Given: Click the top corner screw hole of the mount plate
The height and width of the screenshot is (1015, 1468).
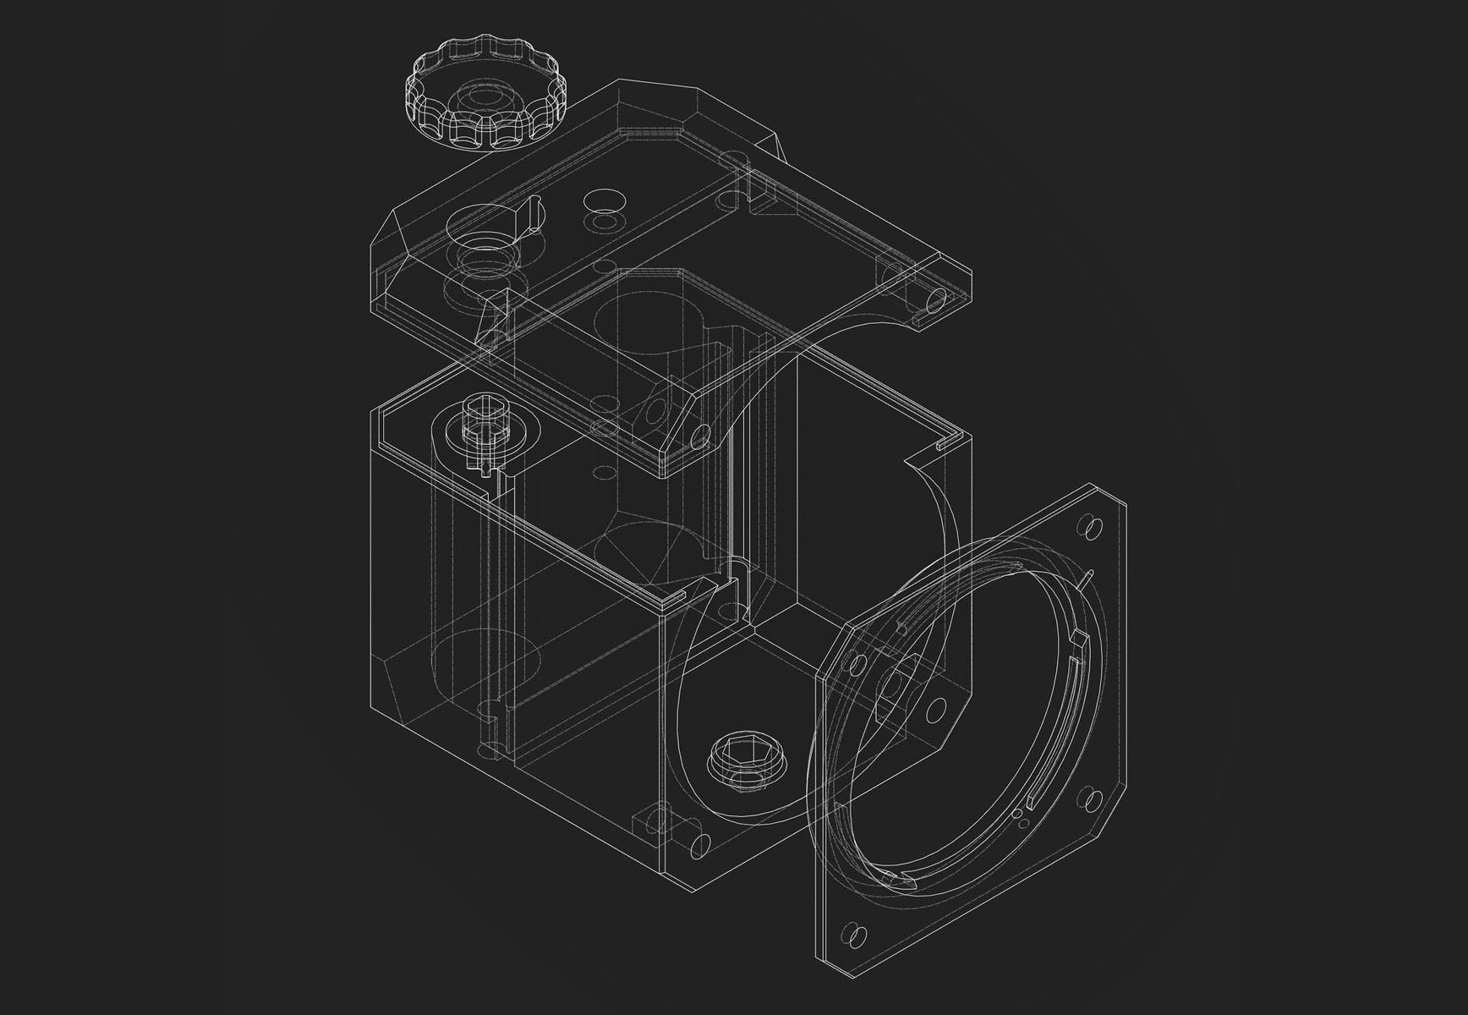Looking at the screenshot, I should [1090, 527].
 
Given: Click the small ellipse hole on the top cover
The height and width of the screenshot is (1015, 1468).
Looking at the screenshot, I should [604, 200].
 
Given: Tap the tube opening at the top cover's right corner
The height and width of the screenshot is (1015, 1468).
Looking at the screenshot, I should [936, 298].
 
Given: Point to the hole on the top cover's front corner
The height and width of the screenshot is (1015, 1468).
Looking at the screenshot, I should [698, 436].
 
